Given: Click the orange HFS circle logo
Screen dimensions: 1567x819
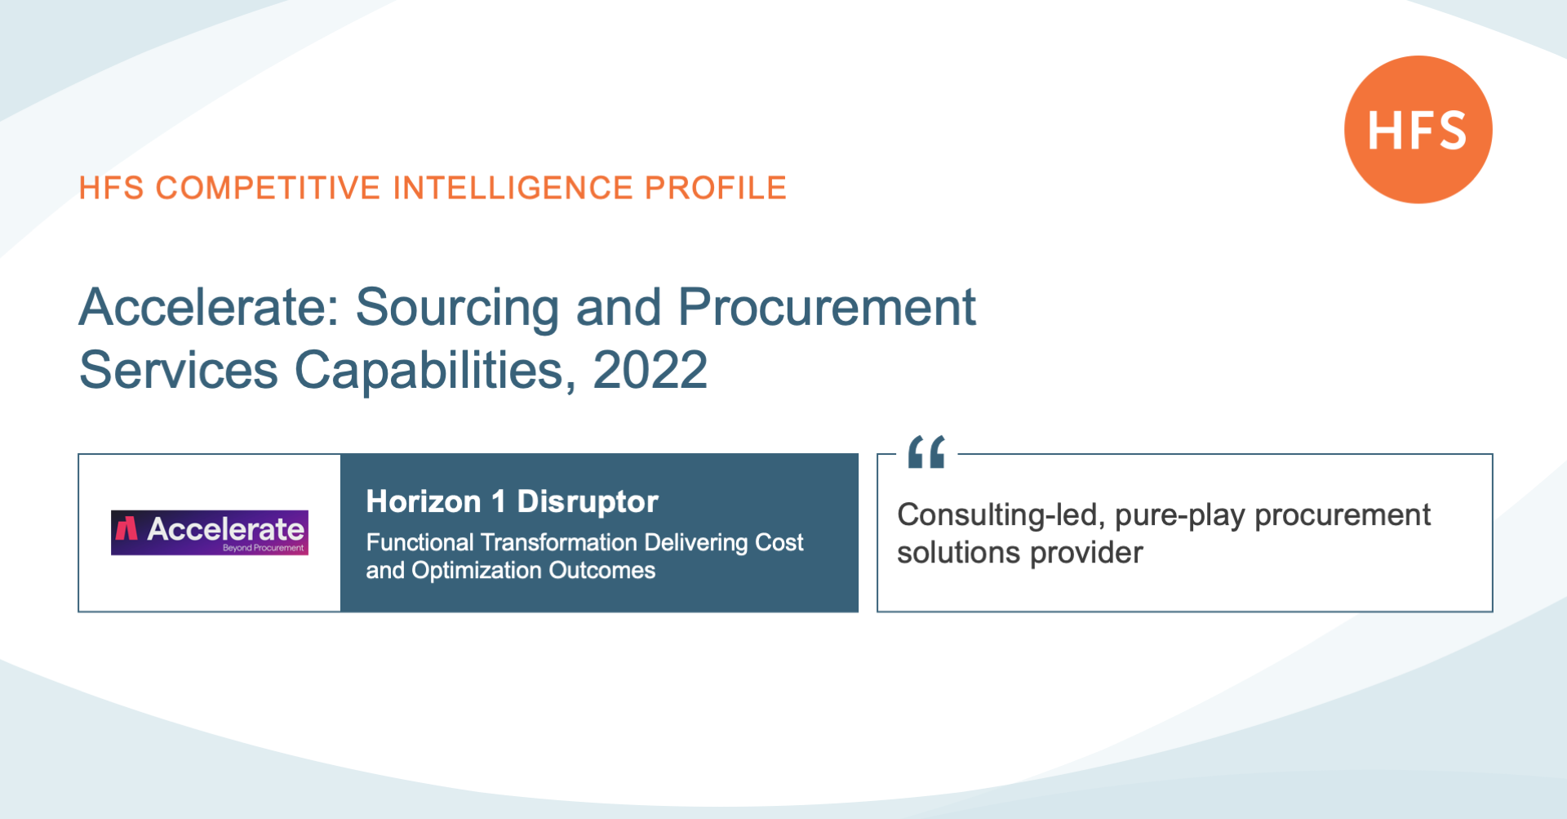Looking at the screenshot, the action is [x=1418, y=130].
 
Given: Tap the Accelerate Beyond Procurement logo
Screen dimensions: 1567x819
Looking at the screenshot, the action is [x=210, y=532].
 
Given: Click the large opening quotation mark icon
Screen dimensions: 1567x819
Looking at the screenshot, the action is [x=926, y=452].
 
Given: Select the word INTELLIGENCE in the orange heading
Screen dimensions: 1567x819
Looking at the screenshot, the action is [x=513, y=188].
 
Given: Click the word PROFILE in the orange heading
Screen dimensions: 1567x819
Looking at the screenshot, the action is [x=716, y=188].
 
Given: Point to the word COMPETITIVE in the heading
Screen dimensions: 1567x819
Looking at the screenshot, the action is [x=269, y=188].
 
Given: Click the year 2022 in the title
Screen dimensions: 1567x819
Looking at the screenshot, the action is [x=650, y=370].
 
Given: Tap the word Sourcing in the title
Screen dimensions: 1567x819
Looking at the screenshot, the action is [x=457, y=309].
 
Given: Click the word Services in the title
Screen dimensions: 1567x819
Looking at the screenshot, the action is [x=179, y=370].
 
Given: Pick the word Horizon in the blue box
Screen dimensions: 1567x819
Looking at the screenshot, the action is [x=424, y=501].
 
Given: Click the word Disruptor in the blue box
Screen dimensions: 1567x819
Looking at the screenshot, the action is [x=588, y=501].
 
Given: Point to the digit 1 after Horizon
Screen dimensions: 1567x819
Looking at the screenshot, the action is [x=498, y=501].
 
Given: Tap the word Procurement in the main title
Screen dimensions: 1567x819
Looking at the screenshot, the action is [x=827, y=307].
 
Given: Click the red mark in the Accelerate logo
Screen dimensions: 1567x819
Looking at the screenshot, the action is [x=126, y=528].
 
